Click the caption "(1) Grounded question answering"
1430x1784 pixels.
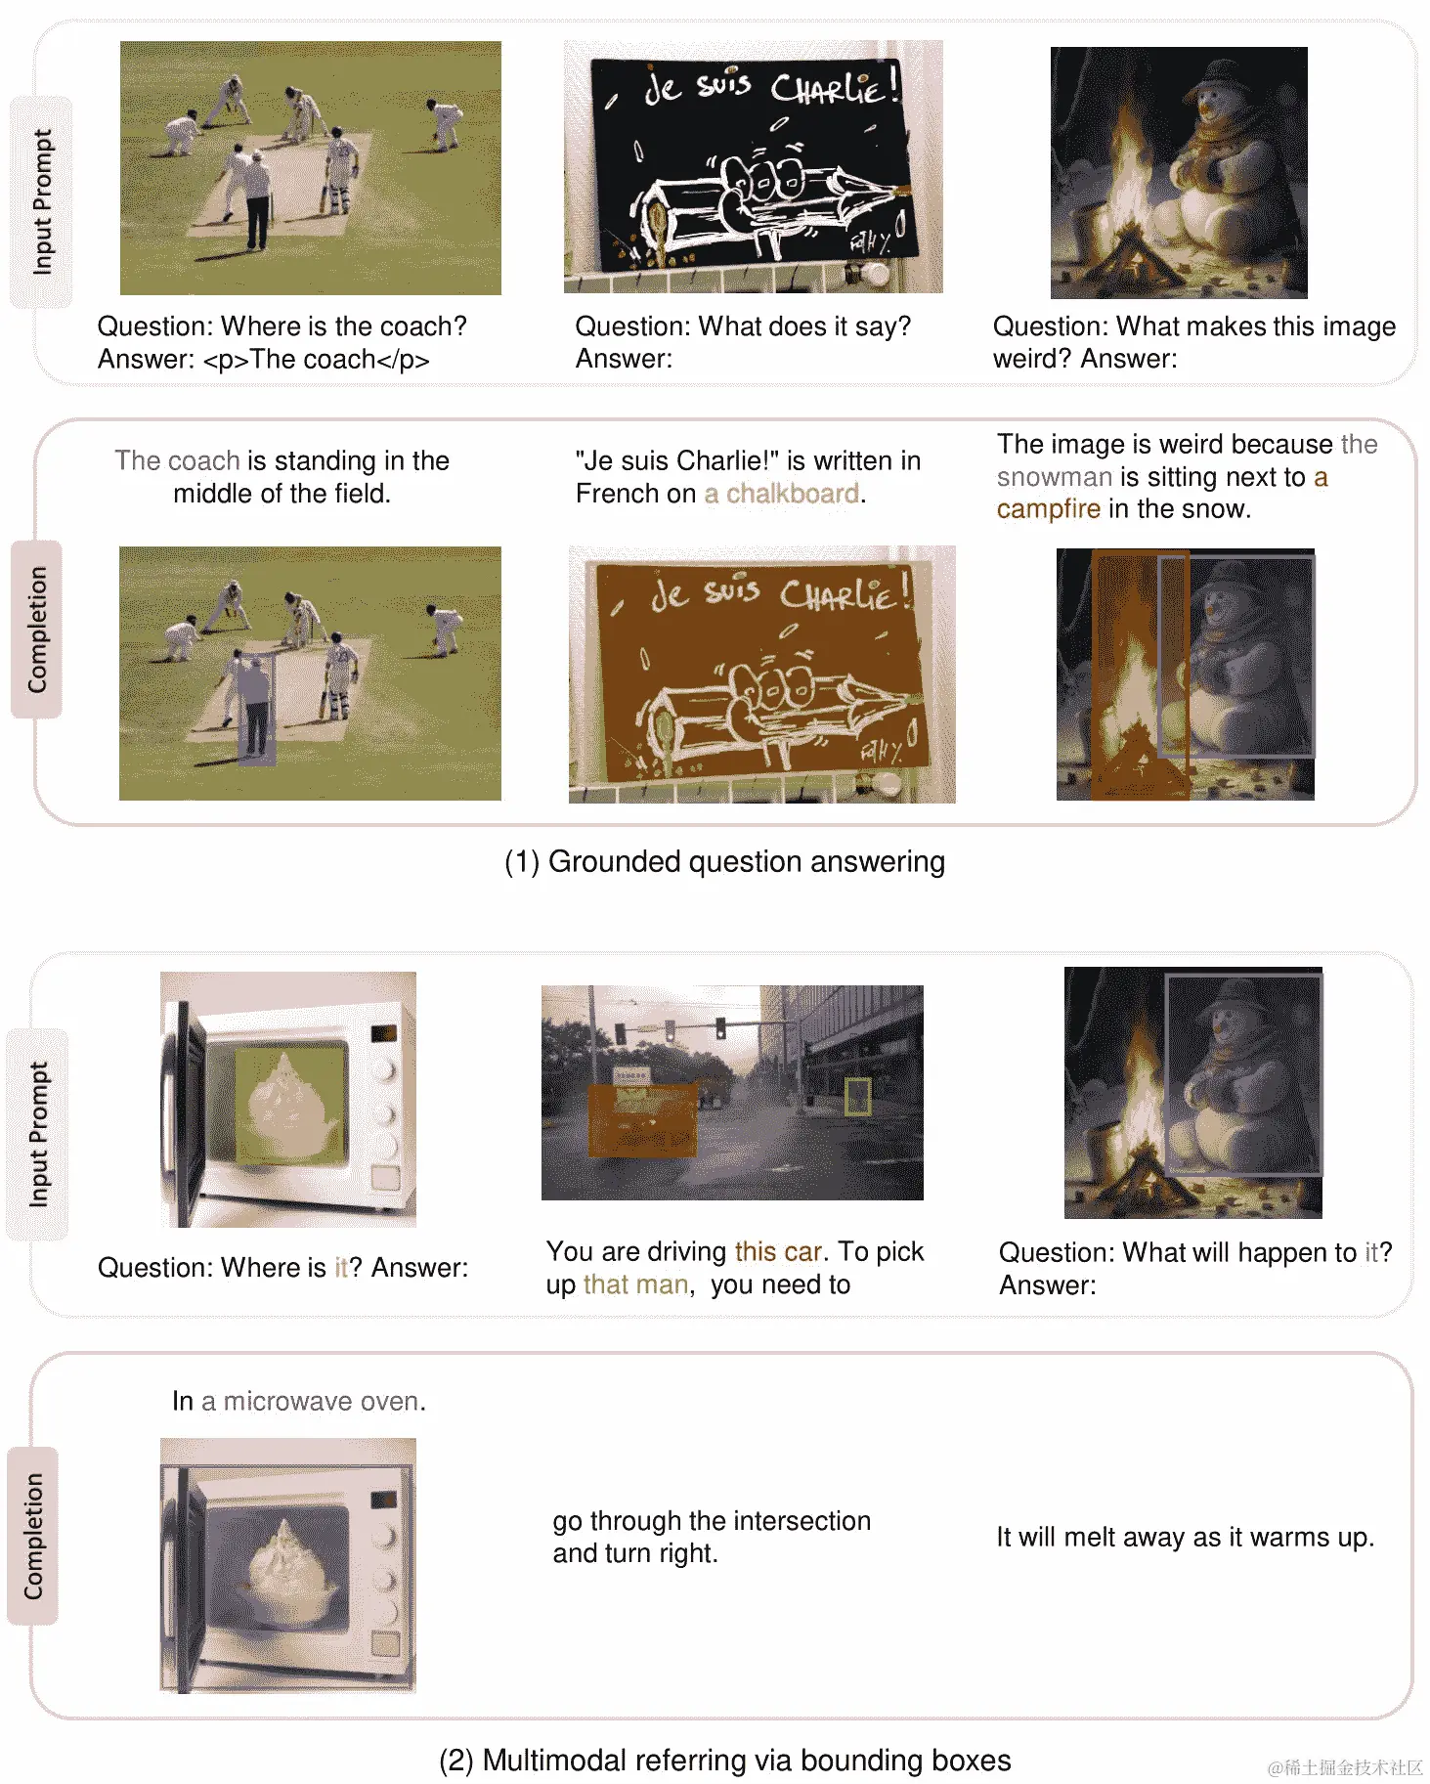click(x=724, y=862)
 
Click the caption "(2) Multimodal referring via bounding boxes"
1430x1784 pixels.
click(x=724, y=1761)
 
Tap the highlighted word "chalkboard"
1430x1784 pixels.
click(x=793, y=494)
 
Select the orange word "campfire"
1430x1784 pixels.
click(x=1048, y=509)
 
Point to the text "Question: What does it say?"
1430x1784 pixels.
click(x=743, y=326)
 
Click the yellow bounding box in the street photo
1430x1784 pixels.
click(x=857, y=1096)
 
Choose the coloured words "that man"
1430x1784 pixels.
click(x=636, y=1284)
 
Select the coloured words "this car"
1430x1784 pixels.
click(x=779, y=1252)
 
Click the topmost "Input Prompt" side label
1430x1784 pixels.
click(x=42, y=202)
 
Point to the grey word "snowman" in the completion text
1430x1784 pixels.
click(x=1055, y=477)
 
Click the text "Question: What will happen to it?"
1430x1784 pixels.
click(x=1195, y=1252)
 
